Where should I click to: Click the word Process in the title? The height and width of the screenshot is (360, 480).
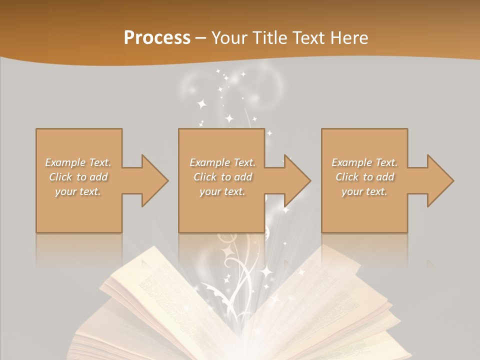pos(157,38)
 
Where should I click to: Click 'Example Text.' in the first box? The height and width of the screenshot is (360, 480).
pos(78,162)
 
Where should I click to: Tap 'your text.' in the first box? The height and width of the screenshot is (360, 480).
pos(78,191)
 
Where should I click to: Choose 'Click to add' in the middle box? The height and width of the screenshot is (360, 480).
pos(222,177)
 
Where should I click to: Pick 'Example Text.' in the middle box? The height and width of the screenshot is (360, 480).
pos(222,162)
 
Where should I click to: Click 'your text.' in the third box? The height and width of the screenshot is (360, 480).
pos(364,191)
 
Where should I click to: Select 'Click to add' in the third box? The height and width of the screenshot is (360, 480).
pos(364,177)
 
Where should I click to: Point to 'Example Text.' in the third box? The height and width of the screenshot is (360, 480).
pos(364,162)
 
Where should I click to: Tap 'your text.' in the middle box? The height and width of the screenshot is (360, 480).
pos(222,191)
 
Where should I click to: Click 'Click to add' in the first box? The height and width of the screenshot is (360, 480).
pos(78,177)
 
